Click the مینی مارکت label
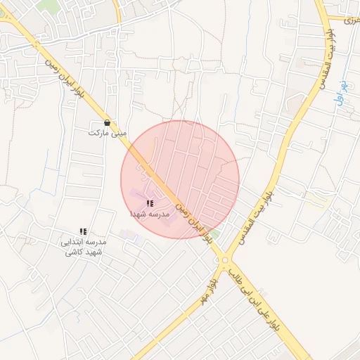(x=107, y=132)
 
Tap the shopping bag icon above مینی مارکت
(x=107, y=122)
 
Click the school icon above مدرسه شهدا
(x=150, y=203)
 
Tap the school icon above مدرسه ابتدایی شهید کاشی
(x=83, y=231)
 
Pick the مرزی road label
(x=349, y=20)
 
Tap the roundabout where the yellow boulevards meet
(x=225, y=261)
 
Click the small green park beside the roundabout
(x=215, y=233)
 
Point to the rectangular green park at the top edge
(x=49, y=6)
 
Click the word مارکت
(x=98, y=132)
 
